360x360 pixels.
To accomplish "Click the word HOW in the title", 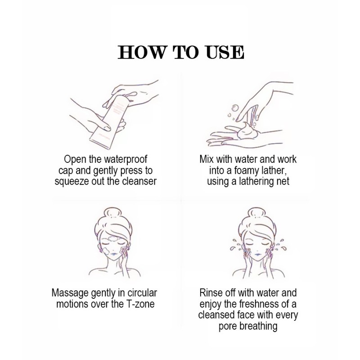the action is tap(141, 52).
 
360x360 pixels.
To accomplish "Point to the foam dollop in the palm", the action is tap(247, 131).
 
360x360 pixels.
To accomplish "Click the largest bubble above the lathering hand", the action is tap(235, 107).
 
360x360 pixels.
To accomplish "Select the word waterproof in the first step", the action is tap(126, 159).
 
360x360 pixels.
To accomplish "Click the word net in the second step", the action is tap(283, 181).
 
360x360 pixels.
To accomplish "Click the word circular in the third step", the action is tap(142, 293).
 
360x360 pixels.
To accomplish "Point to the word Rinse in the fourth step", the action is tap(209, 293).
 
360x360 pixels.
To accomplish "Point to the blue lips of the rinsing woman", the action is tap(257, 254).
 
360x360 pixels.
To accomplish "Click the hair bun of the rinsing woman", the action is tap(257, 213).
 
